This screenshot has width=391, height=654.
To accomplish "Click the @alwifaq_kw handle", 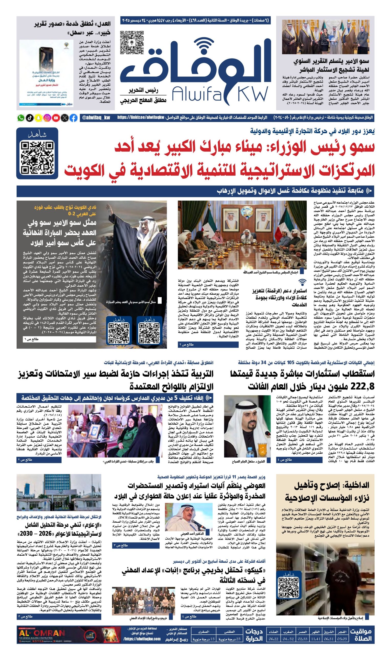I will (96, 118).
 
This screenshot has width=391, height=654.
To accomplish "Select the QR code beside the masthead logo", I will (132, 42).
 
